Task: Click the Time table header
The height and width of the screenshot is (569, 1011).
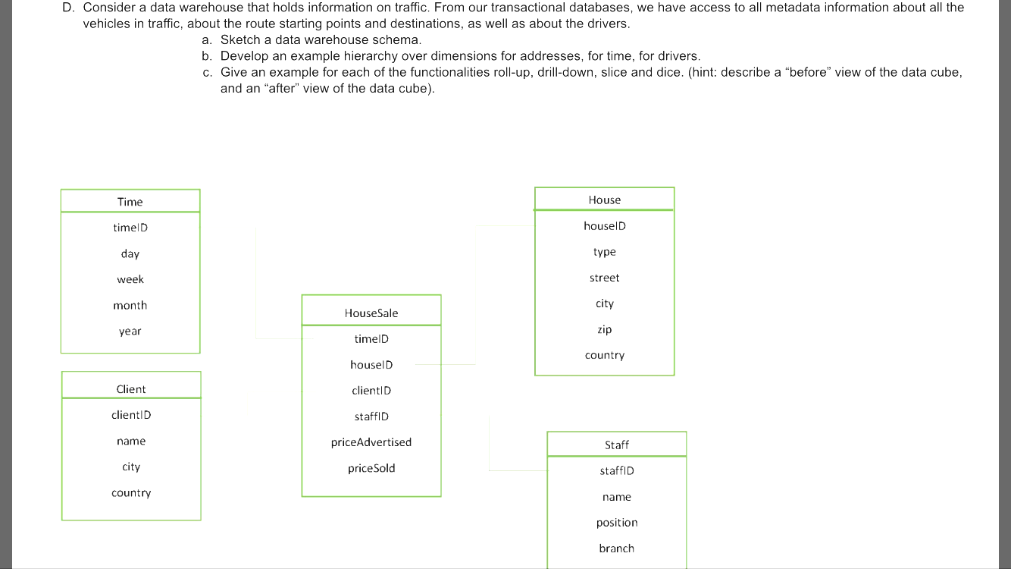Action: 130,202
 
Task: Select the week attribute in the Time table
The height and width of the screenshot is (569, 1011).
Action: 130,279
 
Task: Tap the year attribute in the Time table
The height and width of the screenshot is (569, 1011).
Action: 130,332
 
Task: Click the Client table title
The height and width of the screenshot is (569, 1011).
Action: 131,389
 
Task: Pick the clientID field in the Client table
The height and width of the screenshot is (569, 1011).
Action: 131,415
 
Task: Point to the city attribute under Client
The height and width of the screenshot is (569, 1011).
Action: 131,467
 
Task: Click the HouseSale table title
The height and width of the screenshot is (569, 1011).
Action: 371,313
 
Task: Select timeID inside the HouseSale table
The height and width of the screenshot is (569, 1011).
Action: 371,339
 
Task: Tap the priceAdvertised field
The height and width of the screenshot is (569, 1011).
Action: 371,442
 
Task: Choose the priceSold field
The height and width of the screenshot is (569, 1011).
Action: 371,468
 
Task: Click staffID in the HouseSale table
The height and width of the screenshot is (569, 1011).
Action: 371,417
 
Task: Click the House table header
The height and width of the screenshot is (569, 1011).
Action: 604,200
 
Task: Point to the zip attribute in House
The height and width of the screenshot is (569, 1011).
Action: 604,329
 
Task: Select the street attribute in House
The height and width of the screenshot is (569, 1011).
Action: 604,278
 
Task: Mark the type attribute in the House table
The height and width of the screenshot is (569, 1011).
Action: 604,252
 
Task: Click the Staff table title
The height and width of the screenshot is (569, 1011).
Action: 617,445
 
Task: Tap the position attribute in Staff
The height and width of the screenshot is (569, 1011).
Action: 617,523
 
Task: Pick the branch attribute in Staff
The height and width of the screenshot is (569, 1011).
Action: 617,549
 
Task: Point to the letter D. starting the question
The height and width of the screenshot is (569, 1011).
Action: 69,8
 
